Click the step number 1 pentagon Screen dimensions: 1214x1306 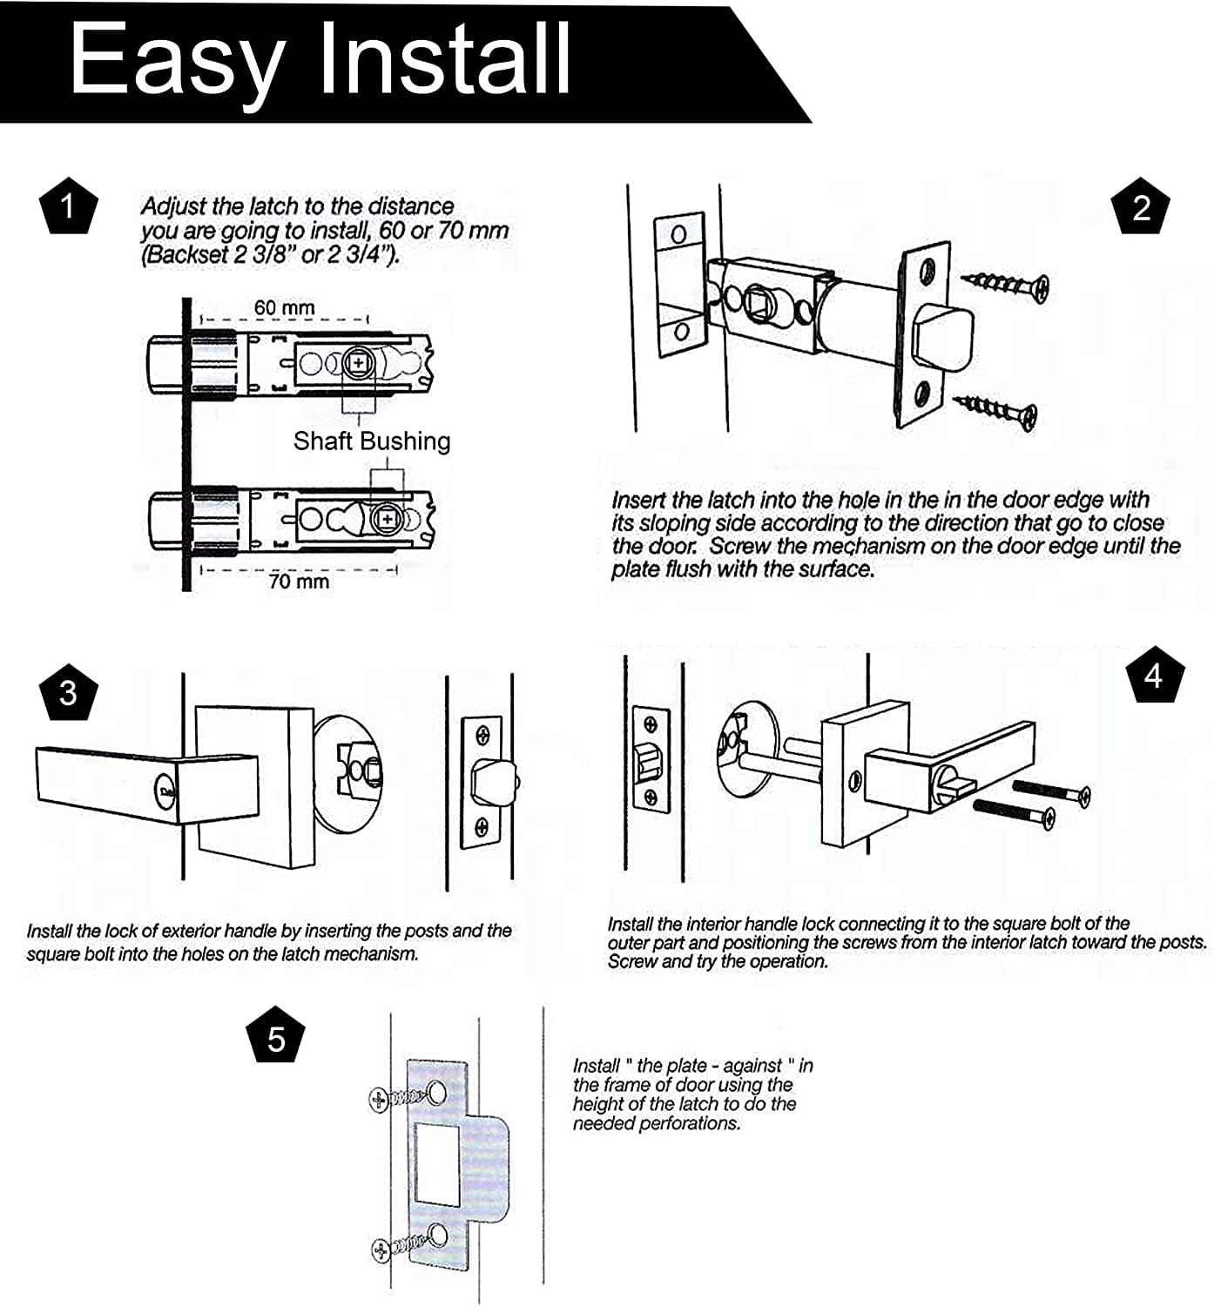coord(69,205)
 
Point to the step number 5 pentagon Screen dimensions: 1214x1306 coord(276,1039)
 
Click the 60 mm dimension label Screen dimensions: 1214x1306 coord(284,307)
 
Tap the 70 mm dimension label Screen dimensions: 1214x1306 coord(299,581)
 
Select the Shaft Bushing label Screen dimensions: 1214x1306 coord(372,441)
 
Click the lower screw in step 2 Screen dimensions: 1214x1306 coord(995,410)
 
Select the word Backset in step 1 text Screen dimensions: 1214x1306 coord(187,255)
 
